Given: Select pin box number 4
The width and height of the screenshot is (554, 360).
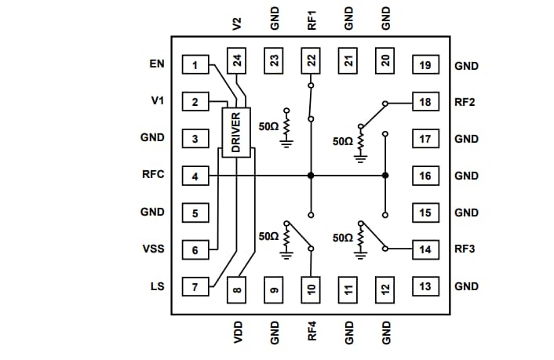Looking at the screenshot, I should click(x=195, y=176).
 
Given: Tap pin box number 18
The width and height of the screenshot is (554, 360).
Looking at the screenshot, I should click(x=425, y=102).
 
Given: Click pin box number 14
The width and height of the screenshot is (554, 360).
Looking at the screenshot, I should click(x=425, y=249).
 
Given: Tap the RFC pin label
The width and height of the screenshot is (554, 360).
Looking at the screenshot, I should click(x=153, y=174).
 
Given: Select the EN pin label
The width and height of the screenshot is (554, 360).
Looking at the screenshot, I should click(x=156, y=64).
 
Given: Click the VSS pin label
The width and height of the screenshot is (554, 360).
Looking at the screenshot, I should click(x=153, y=249).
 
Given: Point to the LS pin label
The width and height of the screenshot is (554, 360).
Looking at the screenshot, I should click(x=157, y=286).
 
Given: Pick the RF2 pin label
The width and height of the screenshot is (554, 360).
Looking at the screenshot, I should click(x=465, y=102).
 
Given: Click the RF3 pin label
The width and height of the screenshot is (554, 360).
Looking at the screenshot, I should click(x=465, y=249).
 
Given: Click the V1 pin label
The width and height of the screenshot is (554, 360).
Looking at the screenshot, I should click(x=157, y=100).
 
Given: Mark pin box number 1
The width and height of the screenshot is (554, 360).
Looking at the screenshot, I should click(x=195, y=64).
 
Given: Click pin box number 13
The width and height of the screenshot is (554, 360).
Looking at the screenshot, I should click(x=425, y=286).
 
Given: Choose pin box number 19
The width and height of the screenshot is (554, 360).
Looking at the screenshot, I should click(x=425, y=65).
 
